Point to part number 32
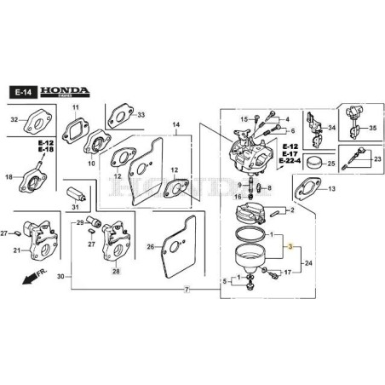point(14,120)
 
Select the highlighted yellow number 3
point(290,246)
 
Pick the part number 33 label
point(141,115)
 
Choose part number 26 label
point(150,248)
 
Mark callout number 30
point(60,278)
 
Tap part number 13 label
point(330,188)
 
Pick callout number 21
point(16,250)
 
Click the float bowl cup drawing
point(254,259)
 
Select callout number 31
point(75,207)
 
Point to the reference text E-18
point(45,149)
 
